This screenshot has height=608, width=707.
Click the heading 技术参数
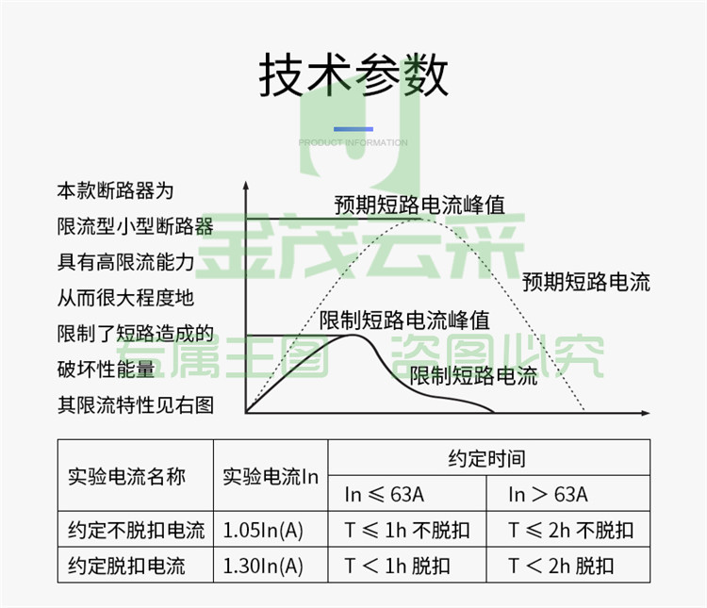(353, 74)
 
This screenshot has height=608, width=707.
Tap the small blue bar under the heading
(353, 129)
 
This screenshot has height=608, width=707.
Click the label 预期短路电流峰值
(419, 205)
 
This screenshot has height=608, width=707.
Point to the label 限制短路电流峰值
(404, 320)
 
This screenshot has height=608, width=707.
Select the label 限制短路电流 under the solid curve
(473, 375)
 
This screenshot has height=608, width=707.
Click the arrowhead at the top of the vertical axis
(246, 186)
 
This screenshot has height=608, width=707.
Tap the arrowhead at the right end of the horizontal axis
(646, 413)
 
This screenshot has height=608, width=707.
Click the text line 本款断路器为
(115, 190)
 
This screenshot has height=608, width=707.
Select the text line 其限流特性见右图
(135, 404)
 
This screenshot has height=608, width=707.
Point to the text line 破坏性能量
(106, 369)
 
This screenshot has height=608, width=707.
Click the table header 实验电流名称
(126, 476)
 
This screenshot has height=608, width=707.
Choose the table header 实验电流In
(271, 476)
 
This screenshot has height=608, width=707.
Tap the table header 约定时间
(487, 458)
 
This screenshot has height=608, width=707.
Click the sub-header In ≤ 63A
(385, 494)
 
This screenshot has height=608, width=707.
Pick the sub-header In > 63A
(549, 494)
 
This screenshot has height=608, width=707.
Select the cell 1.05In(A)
(263, 530)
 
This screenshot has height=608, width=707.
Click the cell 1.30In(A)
(263, 566)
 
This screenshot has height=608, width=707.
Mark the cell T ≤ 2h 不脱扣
(571, 530)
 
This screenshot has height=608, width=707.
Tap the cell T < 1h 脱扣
(397, 566)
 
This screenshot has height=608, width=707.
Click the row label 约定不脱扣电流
(136, 530)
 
